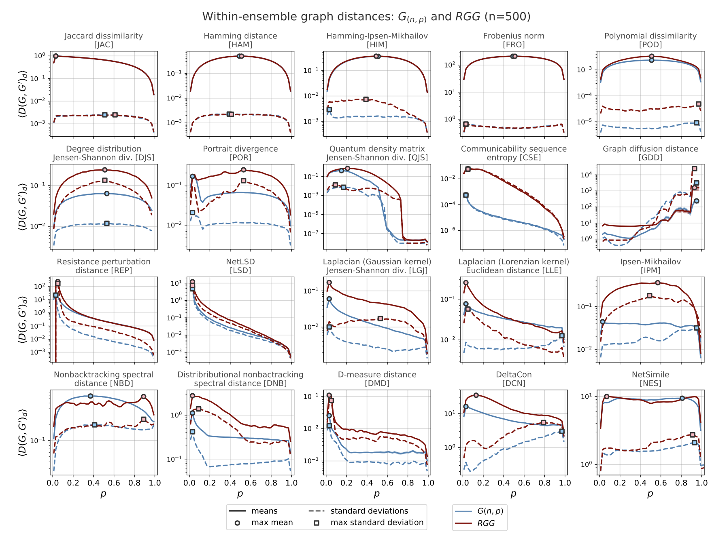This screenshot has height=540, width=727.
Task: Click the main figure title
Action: (366, 17)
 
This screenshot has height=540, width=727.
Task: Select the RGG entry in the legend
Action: (486, 523)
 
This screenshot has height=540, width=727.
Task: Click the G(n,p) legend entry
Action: (490, 511)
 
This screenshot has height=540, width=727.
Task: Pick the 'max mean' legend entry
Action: (272, 523)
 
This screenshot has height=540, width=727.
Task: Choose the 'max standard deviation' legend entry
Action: (377, 523)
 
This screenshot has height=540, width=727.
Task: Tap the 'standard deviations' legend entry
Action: (369, 511)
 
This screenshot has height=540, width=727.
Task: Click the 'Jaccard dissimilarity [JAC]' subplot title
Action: (104, 40)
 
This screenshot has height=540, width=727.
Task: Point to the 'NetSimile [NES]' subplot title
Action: (650, 379)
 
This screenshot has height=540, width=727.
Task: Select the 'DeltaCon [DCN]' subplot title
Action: (514, 379)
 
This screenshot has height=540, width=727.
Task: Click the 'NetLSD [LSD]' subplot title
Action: (240, 266)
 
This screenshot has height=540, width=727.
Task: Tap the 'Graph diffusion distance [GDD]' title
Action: (650, 153)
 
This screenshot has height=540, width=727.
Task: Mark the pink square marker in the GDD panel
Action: (695, 169)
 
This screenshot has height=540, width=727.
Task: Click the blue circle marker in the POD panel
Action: (651, 60)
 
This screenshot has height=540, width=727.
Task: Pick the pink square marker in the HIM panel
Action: (366, 99)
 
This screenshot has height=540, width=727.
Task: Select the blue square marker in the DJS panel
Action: (107, 223)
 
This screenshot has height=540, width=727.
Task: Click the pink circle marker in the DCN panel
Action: (476, 395)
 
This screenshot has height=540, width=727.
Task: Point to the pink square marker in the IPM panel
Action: (650, 296)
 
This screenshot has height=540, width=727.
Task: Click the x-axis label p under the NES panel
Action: (650, 494)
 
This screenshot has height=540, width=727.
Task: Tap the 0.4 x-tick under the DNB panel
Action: (230, 483)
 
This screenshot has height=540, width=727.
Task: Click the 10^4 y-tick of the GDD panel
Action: (587, 175)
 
